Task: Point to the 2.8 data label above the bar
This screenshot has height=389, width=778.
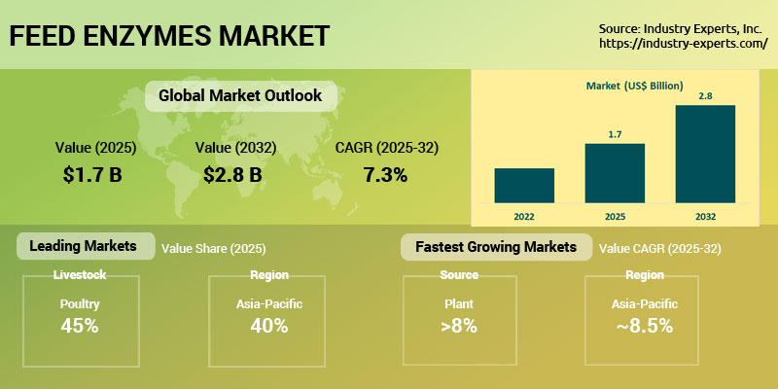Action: tap(705, 95)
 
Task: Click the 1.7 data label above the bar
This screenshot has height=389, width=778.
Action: tap(615, 134)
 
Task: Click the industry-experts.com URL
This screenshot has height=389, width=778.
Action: tap(684, 44)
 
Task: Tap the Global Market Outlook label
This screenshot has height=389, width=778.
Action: tap(233, 96)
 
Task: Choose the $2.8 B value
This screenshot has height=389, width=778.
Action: tap(233, 175)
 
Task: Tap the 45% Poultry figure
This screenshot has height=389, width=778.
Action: tap(79, 326)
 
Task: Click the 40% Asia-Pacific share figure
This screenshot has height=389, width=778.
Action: tap(268, 326)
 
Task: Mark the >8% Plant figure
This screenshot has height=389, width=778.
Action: tap(459, 326)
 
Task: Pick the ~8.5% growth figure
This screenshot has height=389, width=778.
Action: tap(644, 326)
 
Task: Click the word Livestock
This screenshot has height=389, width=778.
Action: tap(79, 275)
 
